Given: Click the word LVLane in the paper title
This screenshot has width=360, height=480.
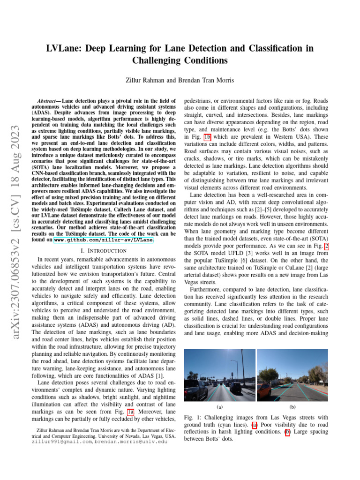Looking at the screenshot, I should coord(64,49).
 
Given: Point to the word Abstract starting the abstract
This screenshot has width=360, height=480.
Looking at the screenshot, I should coord(48,101).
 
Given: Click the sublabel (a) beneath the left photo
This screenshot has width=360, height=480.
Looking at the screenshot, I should coord(220,407).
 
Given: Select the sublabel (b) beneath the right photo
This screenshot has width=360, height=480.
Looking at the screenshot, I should coord(292,407).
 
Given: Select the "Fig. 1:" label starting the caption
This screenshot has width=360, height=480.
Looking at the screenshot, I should coord(192,417).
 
